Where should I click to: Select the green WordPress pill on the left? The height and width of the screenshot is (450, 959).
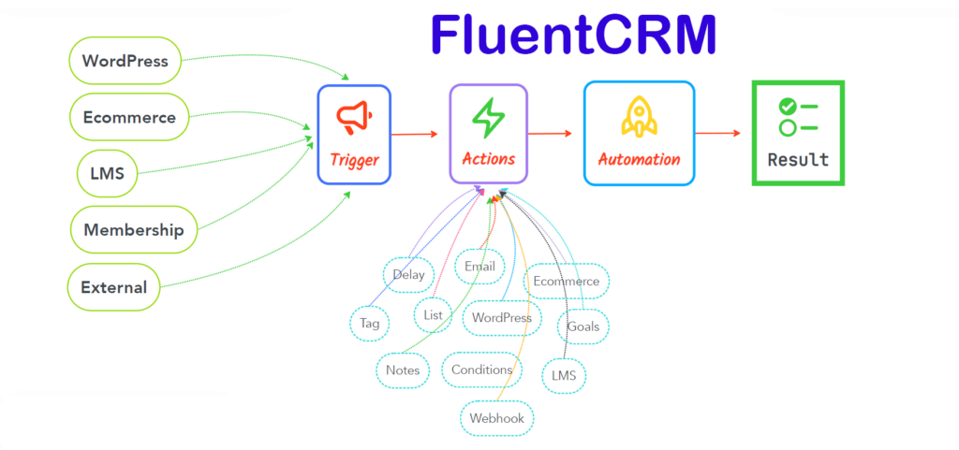[125, 62]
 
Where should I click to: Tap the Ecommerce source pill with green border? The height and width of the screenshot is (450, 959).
[129, 117]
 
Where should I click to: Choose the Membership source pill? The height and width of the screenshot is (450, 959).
[134, 230]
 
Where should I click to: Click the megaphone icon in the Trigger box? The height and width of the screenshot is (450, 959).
[354, 116]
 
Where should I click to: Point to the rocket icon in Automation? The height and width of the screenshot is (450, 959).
[639, 116]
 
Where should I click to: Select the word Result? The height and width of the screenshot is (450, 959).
[798, 159]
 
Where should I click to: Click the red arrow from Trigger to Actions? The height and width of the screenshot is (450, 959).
[414, 134]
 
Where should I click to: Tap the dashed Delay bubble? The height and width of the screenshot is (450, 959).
[408, 274]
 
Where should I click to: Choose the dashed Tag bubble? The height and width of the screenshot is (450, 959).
[369, 323]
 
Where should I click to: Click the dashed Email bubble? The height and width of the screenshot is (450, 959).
[479, 267]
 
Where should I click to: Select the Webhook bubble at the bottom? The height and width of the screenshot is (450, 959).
[496, 418]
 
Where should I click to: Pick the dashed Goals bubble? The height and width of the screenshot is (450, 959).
[583, 327]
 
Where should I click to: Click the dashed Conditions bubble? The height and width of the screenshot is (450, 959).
[481, 370]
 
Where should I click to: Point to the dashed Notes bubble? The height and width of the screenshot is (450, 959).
[403, 370]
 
